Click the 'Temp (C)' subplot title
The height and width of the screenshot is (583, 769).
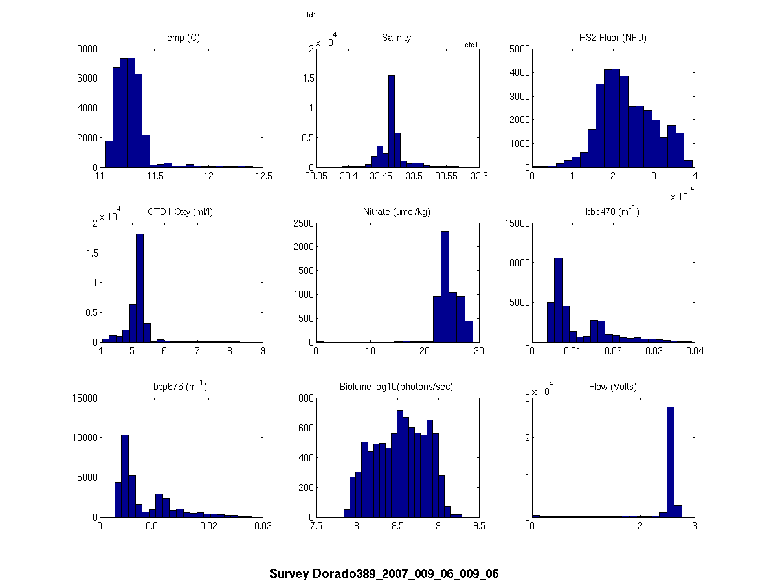(x=180, y=38)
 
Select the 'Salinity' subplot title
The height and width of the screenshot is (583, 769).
(x=396, y=38)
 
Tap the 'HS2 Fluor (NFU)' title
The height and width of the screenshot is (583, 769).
(x=613, y=38)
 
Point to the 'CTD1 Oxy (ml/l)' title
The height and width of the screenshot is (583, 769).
(x=180, y=212)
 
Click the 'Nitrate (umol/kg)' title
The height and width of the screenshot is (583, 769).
(x=397, y=212)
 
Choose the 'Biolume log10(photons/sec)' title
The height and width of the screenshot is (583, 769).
(x=397, y=387)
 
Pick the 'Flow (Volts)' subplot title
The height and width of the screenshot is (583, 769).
(x=613, y=387)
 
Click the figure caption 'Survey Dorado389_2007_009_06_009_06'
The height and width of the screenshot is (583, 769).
(x=384, y=574)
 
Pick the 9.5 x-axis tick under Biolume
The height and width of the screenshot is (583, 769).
(x=479, y=526)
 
